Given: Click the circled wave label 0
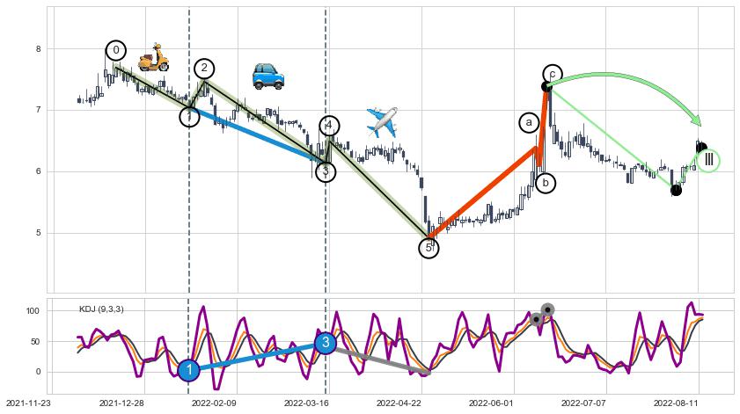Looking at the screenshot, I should (116, 50).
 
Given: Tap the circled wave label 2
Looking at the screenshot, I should (204, 69).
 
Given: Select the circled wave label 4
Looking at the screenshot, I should (329, 126).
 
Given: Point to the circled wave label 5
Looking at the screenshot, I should (429, 248).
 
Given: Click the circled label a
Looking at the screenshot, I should (529, 123).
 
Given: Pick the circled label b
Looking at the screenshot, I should (546, 183).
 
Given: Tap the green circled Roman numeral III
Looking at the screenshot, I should (708, 160).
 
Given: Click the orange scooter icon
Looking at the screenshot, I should (153, 57).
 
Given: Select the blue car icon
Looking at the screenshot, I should (267, 76).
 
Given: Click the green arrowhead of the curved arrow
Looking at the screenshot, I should (696, 120).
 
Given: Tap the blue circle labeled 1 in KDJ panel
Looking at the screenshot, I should (188, 371).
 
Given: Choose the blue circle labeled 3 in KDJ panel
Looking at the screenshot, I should (325, 343).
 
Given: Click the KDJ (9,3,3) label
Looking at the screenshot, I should (101, 309).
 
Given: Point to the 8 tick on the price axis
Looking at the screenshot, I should (38, 49).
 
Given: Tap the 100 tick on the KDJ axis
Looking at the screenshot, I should (33, 311).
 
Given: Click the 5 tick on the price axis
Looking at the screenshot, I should (38, 233).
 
